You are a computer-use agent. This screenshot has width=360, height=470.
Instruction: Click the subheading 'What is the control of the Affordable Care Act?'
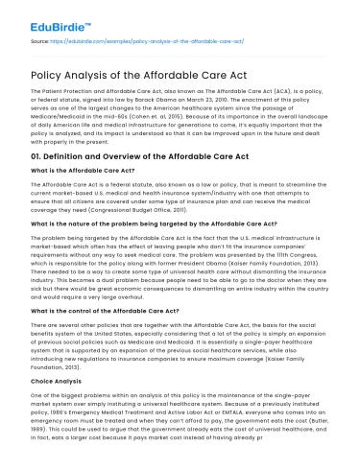pos(101,325)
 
